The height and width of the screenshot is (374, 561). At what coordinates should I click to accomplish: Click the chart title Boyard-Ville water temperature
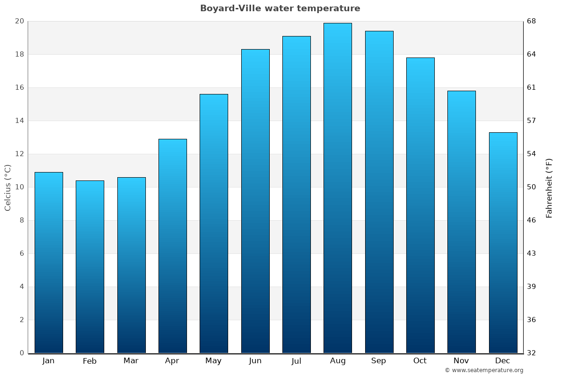[280, 8]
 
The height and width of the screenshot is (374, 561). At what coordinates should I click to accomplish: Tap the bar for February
[90, 266]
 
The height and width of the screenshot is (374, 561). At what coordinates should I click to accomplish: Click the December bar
[503, 243]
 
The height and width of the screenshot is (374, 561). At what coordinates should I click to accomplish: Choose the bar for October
[420, 205]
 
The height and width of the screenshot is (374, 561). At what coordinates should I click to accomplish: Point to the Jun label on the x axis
[255, 361]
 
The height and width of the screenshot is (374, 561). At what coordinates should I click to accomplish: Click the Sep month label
[379, 361]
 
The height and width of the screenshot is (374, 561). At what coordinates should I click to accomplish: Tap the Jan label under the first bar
[49, 361]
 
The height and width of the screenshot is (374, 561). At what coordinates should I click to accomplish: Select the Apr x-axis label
[172, 361]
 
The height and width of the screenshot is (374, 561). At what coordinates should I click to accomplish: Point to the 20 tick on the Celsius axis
[19, 21]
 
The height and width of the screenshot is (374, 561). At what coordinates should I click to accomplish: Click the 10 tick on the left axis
[19, 187]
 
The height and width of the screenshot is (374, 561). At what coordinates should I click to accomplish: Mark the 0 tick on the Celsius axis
[22, 353]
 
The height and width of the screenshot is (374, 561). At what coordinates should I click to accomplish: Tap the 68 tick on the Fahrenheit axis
[532, 21]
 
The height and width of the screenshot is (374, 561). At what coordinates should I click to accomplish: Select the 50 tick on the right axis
[532, 187]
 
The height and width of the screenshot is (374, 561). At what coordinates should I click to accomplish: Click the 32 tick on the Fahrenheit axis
[532, 353]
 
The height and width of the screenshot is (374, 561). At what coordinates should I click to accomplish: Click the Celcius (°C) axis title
[8, 187]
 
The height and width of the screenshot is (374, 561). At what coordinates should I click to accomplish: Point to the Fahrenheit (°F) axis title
[549, 187]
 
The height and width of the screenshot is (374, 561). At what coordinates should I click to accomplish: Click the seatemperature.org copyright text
[484, 370]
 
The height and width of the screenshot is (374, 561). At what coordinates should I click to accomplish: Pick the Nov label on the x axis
[461, 361]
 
